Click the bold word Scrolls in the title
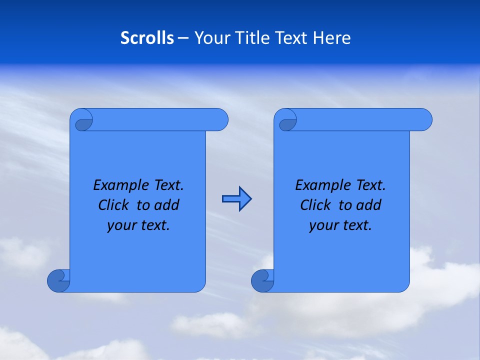pos(147,38)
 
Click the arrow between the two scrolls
pos(236,199)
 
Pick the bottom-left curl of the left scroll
pos(59,280)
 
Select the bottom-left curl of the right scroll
pos(263,280)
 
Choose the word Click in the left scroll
pos(109,205)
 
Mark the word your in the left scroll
pos(120,225)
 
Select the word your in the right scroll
pos(322,225)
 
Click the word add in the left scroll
pos(168,205)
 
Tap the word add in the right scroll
pos(370,205)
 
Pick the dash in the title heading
pos(183,38)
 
